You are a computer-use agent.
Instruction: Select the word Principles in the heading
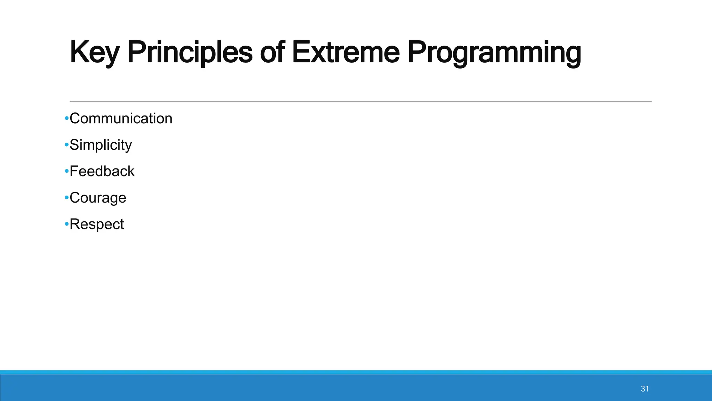coord(189,53)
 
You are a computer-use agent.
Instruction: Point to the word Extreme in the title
coord(346,53)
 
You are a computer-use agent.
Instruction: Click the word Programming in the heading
coord(494,53)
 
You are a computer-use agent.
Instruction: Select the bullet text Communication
coord(121,118)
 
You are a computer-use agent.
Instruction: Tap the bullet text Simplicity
coord(100,145)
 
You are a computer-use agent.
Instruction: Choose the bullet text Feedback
coord(102,171)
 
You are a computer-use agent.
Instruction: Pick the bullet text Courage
coord(98,198)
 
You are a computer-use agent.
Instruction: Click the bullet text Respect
coord(97,224)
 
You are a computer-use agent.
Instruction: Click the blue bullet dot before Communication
coord(66,119)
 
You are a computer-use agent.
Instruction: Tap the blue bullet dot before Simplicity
coord(66,145)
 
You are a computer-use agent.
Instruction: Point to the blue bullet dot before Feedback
coord(66,172)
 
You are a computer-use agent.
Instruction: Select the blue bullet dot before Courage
coord(66,198)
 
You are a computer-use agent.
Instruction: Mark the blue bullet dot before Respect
coord(66,225)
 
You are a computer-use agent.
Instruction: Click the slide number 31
coord(645,389)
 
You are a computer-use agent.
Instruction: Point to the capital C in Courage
coord(75,198)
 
